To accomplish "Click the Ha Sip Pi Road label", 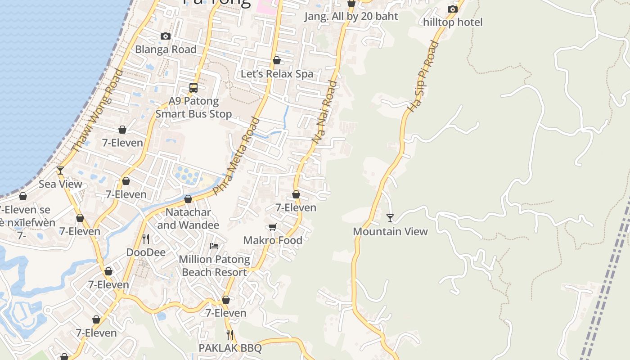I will coord(422,76).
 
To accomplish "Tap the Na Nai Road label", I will coord(324,112).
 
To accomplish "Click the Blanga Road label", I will coord(166,49).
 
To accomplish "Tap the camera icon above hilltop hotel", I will coord(453,9).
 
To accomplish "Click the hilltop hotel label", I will coord(453,22).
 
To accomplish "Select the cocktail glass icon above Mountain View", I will coord(390,218).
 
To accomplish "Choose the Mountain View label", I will coord(390,231).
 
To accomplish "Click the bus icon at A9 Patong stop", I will coord(193,88).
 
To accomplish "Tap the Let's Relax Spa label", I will coord(277,74).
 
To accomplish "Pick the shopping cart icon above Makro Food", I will coord(272,227).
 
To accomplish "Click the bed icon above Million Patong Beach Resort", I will coord(214,246).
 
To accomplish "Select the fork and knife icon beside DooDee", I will coord(145,238).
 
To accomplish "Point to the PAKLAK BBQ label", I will coord(230,348).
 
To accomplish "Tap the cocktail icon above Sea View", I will coord(60,171).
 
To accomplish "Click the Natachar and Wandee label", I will coord(188,218).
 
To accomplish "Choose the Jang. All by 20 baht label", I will coord(351,17).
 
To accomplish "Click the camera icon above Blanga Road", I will coord(166,36).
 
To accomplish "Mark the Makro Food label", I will coord(273,240).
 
